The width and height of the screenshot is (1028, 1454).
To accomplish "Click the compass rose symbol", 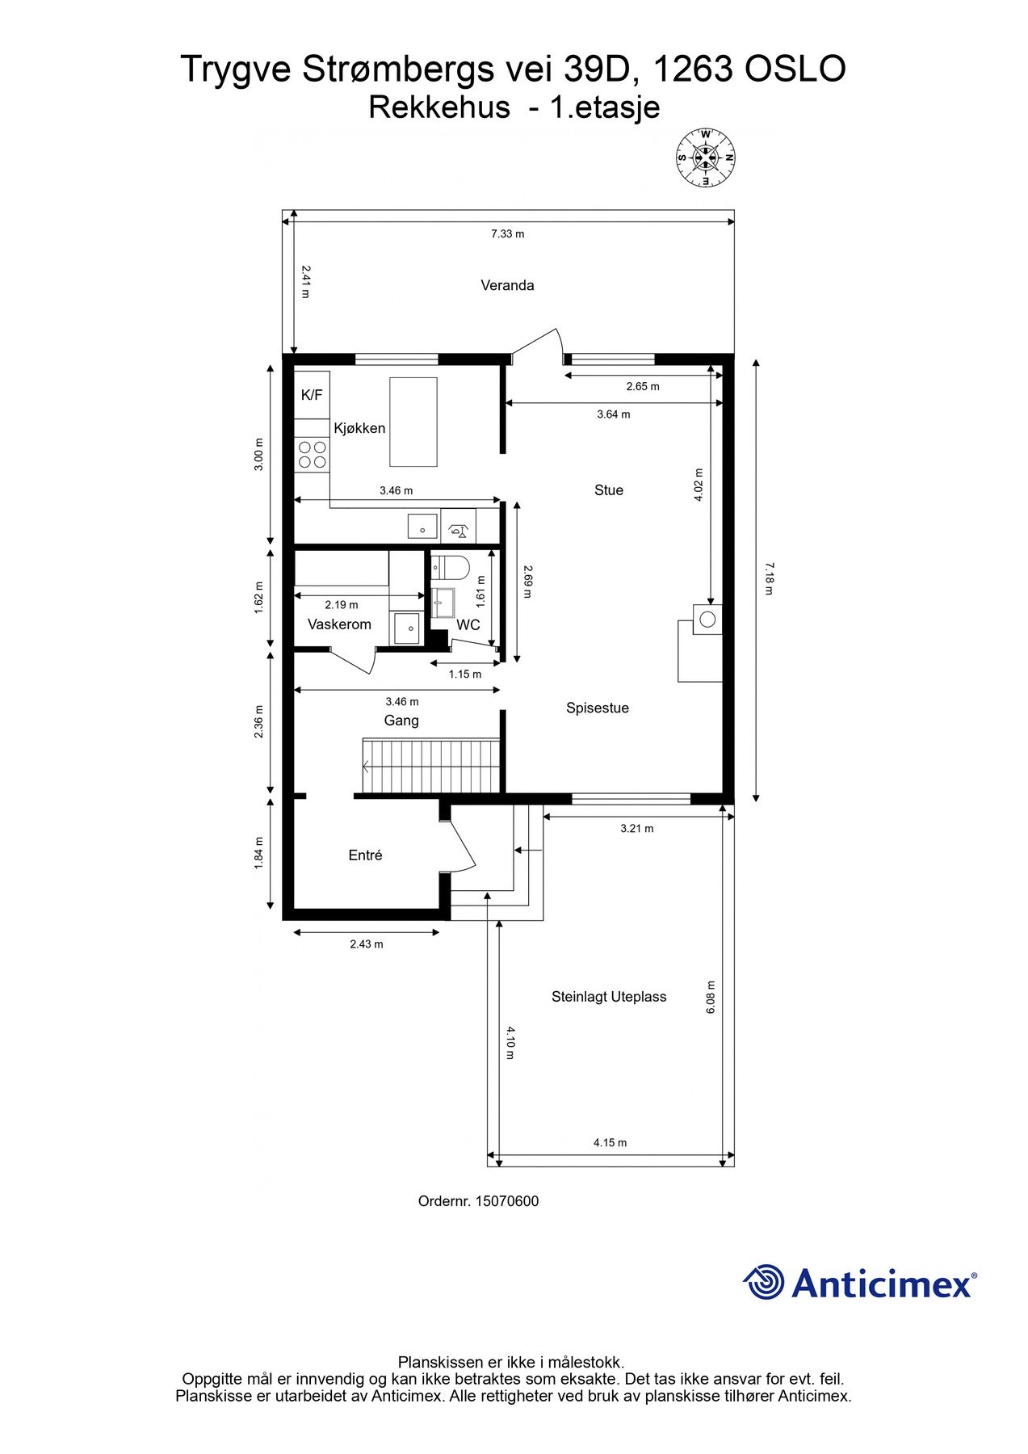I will (706, 158).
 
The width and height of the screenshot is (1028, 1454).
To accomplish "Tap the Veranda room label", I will (507, 285).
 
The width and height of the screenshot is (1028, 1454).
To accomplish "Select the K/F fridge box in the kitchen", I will (312, 395).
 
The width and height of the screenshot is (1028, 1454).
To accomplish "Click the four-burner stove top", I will (312, 454).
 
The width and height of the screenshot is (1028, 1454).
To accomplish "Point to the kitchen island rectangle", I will (413, 422).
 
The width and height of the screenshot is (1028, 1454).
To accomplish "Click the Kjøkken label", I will (359, 428).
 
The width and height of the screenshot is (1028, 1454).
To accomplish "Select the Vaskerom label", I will (339, 624).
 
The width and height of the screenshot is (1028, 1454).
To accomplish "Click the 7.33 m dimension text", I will (507, 234).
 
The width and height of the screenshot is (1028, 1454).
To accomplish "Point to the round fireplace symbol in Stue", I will (707, 620).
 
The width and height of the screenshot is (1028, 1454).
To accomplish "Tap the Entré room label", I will (365, 855).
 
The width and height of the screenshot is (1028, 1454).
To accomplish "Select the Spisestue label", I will (597, 708).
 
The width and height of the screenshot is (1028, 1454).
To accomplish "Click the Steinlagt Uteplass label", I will (609, 997).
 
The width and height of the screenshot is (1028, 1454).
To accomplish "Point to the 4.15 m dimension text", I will (610, 1142).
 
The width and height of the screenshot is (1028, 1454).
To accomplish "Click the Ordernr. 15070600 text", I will (478, 1201).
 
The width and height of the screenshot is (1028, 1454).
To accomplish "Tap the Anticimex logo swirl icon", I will (763, 1282).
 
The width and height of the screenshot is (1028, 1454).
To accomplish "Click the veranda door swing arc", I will (539, 341).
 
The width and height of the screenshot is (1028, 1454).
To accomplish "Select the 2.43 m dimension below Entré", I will (366, 944).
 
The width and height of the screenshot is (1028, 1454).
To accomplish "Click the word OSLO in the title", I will (795, 69).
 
